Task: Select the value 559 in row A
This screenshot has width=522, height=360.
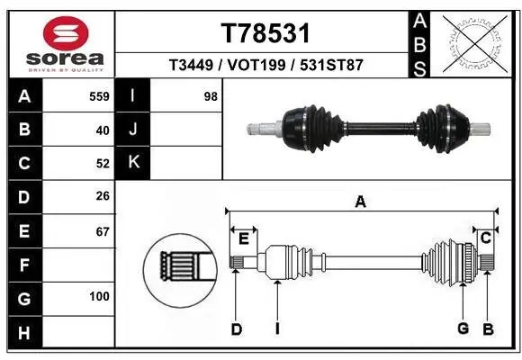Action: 99,96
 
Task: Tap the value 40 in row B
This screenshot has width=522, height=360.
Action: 102,130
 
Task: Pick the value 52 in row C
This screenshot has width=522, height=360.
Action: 102,164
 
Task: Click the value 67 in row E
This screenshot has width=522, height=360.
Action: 102,231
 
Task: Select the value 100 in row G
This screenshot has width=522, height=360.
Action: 99,297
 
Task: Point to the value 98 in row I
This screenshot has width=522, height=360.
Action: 211,96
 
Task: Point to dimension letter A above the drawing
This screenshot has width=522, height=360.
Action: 360,202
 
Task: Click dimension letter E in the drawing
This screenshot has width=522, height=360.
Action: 243,238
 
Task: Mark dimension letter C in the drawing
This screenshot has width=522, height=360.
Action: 485,238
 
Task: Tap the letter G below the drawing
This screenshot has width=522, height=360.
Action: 463,328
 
